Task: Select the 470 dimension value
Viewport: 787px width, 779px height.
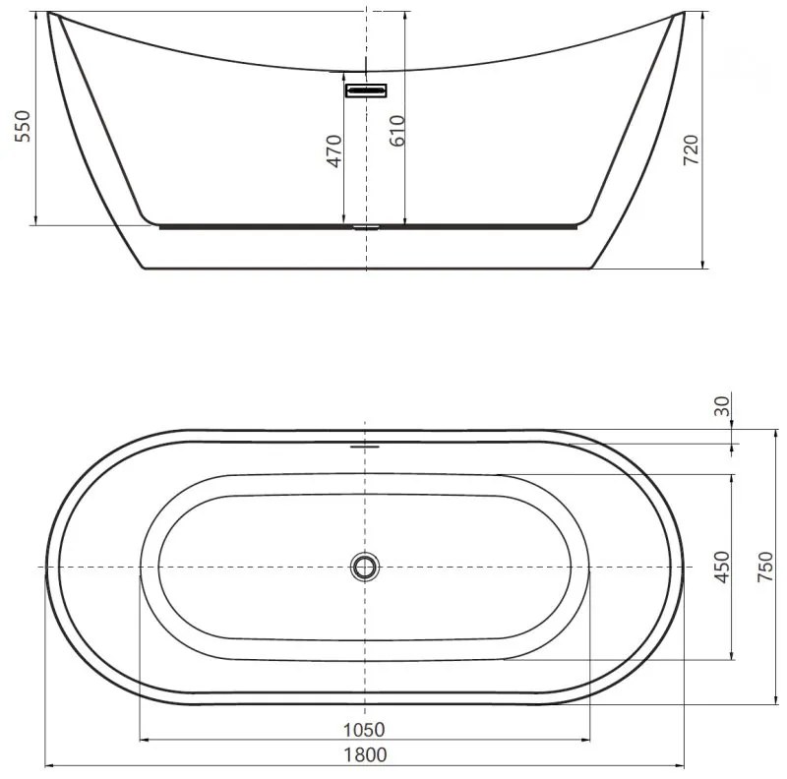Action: [333, 150]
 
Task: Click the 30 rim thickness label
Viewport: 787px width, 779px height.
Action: [723, 406]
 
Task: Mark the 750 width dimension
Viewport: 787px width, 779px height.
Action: [764, 567]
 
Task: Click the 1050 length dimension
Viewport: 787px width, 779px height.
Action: [365, 729]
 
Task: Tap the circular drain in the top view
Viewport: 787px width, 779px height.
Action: [365, 567]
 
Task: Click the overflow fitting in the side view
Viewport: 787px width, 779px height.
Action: [366, 90]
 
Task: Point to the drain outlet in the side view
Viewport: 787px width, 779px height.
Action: [366, 226]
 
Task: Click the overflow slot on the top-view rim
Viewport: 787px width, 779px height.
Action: [365, 444]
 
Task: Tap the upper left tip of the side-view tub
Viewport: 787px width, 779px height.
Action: [50, 14]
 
